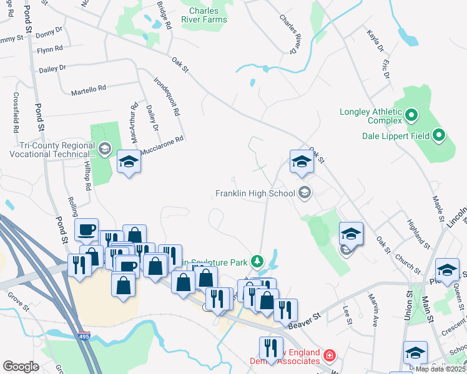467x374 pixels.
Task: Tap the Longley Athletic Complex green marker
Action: (x=411, y=115)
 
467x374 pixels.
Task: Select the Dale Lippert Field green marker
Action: (x=438, y=135)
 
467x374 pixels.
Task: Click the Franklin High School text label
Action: (x=255, y=193)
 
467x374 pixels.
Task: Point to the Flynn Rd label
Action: (x=49, y=49)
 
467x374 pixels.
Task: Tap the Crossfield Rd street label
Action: (x=16, y=113)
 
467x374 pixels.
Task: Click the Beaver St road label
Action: (x=304, y=321)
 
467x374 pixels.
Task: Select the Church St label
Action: (x=408, y=262)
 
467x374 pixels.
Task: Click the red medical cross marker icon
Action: (x=329, y=356)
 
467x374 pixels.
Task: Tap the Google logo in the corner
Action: (x=21, y=366)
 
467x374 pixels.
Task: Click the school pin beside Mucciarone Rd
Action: (x=129, y=162)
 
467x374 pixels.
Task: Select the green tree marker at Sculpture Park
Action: (x=256, y=261)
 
